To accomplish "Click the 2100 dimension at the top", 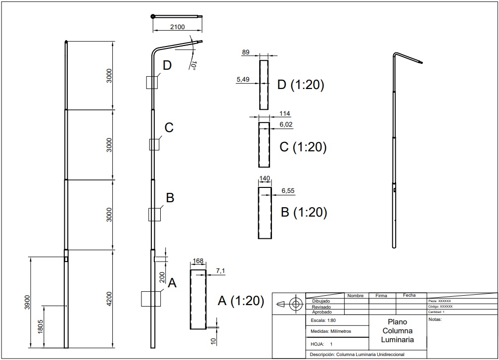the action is click(177, 27).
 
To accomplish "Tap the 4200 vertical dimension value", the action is click(109, 299).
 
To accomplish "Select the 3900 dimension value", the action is click(27, 302).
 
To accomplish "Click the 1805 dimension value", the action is click(41, 326).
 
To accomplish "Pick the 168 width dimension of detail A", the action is click(198, 261).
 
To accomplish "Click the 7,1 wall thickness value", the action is click(221, 270).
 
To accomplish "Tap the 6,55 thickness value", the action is click(288, 191).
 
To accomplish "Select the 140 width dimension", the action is click(265, 178).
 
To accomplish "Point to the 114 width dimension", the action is click(285, 113).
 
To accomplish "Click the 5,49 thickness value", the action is click(243, 79).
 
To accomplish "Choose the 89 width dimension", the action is click(246, 52).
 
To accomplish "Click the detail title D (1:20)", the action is click(301, 85).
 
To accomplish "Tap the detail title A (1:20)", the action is click(241, 301).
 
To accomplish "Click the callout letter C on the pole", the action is click(169, 128).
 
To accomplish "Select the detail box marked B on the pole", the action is click(154, 215).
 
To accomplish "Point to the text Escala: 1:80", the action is click(323, 320).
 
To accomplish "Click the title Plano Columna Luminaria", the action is click(398, 331).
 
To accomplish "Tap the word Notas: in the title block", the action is click(435, 319).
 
